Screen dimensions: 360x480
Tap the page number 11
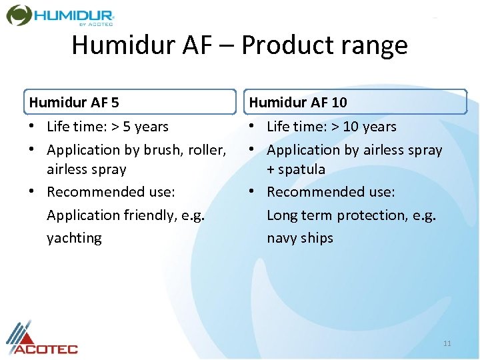coord(447,343)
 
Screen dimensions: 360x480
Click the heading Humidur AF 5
coord(74,103)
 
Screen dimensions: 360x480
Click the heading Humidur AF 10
coord(297,103)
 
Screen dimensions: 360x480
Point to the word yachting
coord(74,238)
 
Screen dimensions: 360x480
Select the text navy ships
coord(300,238)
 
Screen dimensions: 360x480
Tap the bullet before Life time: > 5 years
coord(33,127)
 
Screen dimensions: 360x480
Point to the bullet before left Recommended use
coord(33,192)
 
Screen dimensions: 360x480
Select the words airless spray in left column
coord(86,169)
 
